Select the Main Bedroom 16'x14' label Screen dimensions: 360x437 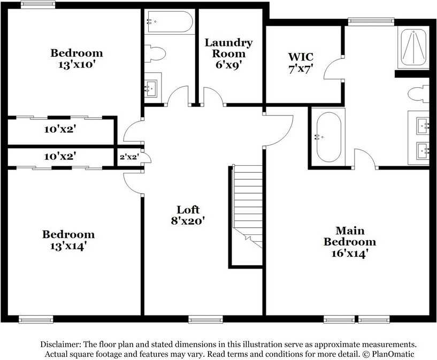pos(350,242)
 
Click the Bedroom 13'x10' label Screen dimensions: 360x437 pos(76,58)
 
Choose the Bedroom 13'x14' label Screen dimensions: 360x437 pos(68,240)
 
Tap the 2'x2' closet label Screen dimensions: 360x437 pos(128,157)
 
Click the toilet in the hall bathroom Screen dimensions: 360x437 pos(156,53)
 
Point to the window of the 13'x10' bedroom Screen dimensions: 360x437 pos(39,5)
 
